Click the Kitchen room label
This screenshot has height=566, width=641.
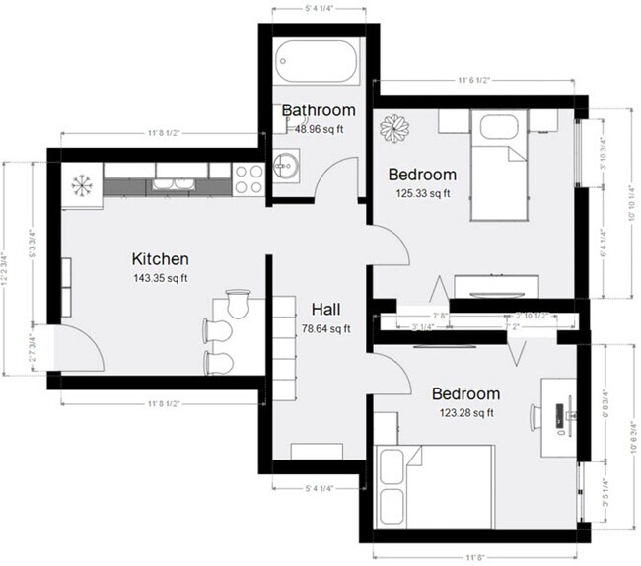point(160,259)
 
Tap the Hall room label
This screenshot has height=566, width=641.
point(326,308)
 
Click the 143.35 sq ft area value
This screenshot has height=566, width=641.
point(160,278)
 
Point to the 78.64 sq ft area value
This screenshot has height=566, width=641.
point(326,328)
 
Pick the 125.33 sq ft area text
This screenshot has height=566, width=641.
point(424,193)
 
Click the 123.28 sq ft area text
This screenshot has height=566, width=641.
point(466,412)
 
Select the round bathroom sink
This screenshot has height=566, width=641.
point(286,165)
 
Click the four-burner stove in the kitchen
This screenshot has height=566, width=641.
point(247,177)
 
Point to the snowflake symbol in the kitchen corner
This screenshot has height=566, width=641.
point(81,185)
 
